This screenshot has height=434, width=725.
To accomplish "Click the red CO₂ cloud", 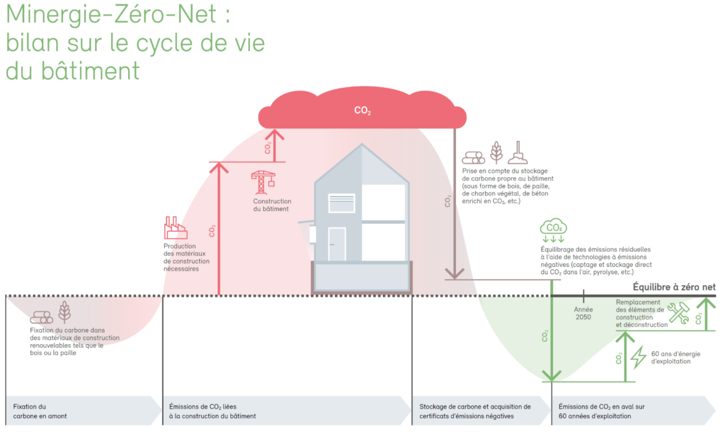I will [361, 110].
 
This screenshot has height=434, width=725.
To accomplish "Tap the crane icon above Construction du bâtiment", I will [263, 182].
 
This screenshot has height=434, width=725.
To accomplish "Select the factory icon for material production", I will [174, 229].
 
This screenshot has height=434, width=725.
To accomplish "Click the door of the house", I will [337, 244].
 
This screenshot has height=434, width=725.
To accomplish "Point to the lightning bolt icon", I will [639, 357].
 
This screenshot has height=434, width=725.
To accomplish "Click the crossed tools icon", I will [678, 313].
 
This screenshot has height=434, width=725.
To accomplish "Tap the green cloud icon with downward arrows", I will [553, 230].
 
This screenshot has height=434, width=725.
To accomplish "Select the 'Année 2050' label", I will [584, 313].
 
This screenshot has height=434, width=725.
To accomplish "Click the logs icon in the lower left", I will [42, 317].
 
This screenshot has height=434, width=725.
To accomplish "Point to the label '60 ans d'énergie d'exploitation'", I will [675, 357].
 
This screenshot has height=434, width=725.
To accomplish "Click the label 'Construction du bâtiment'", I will [272, 205].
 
